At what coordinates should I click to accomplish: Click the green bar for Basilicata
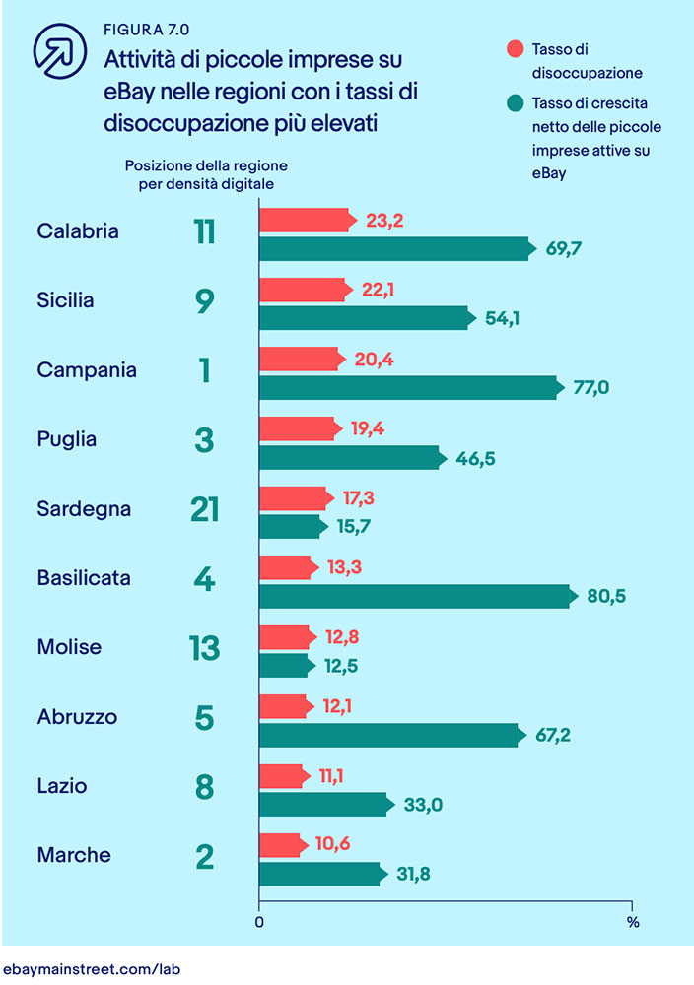click(x=414, y=596)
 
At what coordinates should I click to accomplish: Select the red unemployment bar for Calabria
click(x=304, y=221)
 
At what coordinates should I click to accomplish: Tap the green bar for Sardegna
click(x=291, y=527)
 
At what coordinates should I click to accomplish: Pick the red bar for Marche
click(x=280, y=845)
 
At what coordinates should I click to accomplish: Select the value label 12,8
click(x=342, y=637)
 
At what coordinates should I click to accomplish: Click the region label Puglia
click(x=66, y=440)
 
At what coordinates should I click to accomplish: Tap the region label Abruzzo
click(x=77, y=717)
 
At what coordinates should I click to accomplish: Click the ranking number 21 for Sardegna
click(x=204, y=509)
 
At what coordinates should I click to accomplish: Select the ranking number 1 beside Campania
click(x=204, y=371)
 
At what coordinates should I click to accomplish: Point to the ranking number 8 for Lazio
click(x=204, y=787)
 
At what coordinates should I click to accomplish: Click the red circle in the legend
click(x=513, y=49)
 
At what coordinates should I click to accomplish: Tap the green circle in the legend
click(x=513, y=102)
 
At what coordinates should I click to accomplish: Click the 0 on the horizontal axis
click(x=259, y=924)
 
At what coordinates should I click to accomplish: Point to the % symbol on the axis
click(x=633, y=924)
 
